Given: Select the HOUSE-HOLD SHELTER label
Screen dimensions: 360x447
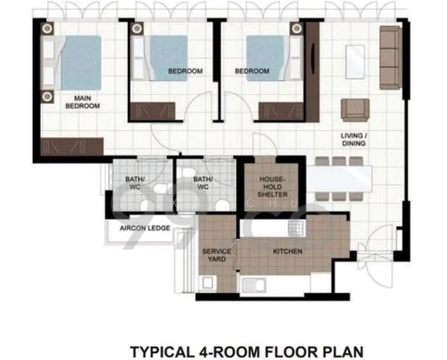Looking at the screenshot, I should [x=273, y=187].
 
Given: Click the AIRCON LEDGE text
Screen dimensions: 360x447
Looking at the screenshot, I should [x=145, y=229].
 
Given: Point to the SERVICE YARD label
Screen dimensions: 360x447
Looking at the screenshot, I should [x=214, y=255].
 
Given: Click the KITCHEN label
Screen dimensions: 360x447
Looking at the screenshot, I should [x=287, y=251].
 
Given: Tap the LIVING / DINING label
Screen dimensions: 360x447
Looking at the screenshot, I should [x=353, y=140].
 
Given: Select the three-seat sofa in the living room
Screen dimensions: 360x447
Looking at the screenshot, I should [x=390, y=58].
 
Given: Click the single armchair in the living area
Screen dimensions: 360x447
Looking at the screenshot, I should [x=355, y=109].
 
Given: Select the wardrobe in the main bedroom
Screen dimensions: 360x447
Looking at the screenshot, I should [x=73, y=145].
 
